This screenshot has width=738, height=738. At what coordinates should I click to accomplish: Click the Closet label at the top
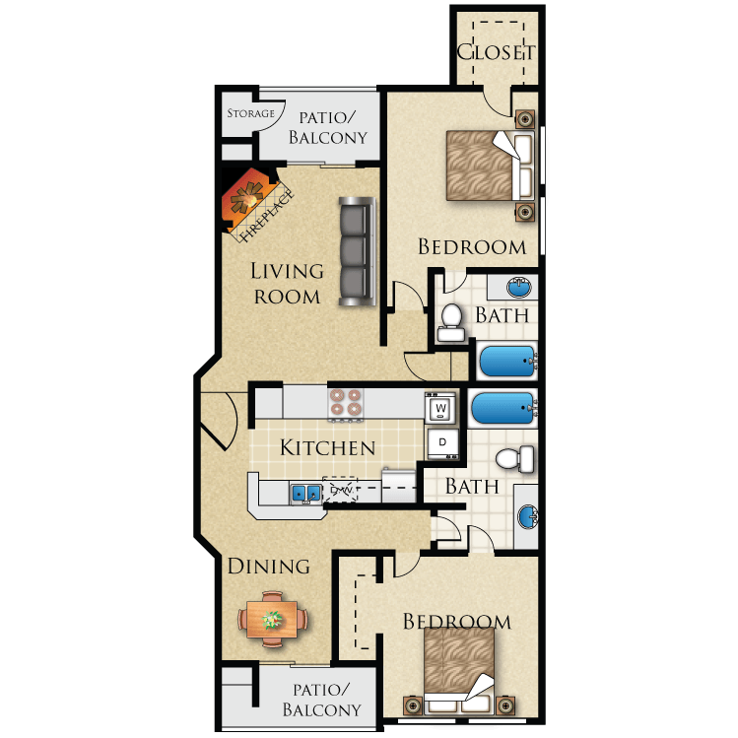pos(497,52)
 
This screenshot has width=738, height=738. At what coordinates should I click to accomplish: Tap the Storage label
pos(251,113)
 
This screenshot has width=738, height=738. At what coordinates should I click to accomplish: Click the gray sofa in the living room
pos(356,250)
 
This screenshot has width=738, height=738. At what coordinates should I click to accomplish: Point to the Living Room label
pos(287,283)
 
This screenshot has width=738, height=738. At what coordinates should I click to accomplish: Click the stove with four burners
pos(346,402)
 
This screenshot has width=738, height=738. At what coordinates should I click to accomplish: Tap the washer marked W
pos(441,406)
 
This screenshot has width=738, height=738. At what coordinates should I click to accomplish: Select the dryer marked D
pos(441,442)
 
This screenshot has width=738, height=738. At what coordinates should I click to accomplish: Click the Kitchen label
pos(327,448)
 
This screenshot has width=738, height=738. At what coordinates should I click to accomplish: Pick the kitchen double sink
pos(304,492)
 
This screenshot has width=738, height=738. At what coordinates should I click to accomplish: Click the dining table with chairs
pos(272,619)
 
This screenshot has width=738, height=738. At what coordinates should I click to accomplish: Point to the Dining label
pos(269,567)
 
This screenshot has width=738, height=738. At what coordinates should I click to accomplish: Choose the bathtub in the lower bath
pos(503,406)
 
